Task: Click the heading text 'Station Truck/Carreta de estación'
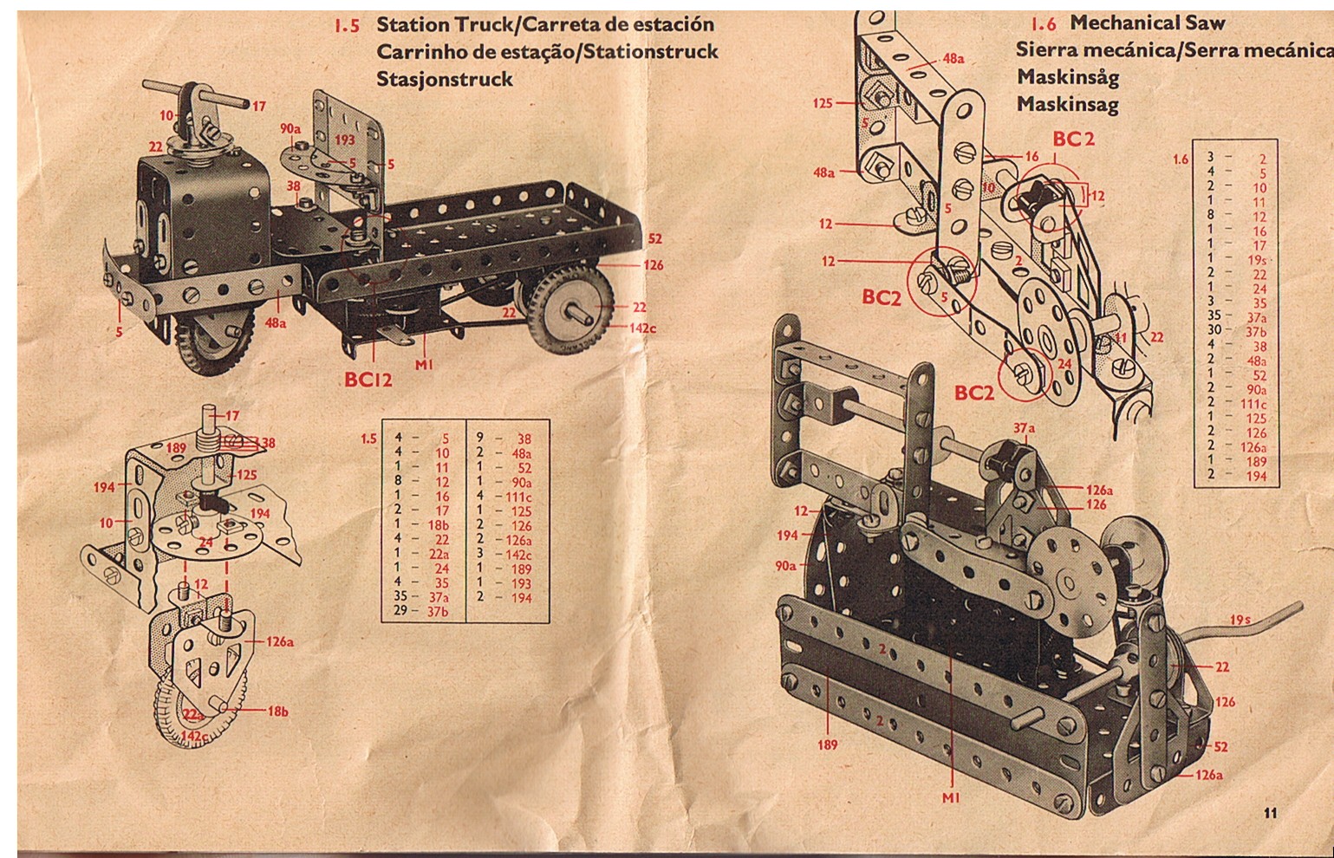click(x=545, y=24)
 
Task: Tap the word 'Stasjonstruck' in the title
click(x=445, y=79)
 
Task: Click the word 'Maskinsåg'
click(x=1068, y=76)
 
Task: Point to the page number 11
click(x=1270, y=812)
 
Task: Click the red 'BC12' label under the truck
click(x=368, y=380)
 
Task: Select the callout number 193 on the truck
click(x=344, y=140)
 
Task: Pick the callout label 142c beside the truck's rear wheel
click(x=643, y=328)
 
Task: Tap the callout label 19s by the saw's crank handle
click(x=1240, y=620)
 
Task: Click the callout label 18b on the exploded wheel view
click(x=277, y=712)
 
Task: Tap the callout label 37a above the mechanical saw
click(x=1024, y=427)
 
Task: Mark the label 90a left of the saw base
click(x=785, y=566)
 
